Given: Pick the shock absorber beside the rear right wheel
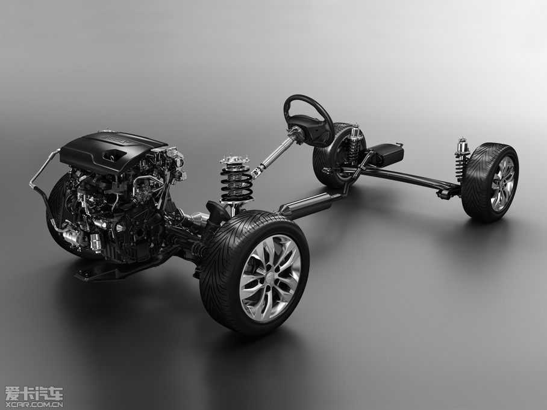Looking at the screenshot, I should [x=461, y=159].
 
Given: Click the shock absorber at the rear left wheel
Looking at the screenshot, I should [x=355, y=144].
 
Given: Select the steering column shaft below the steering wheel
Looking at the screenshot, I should [x=275, y=154].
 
